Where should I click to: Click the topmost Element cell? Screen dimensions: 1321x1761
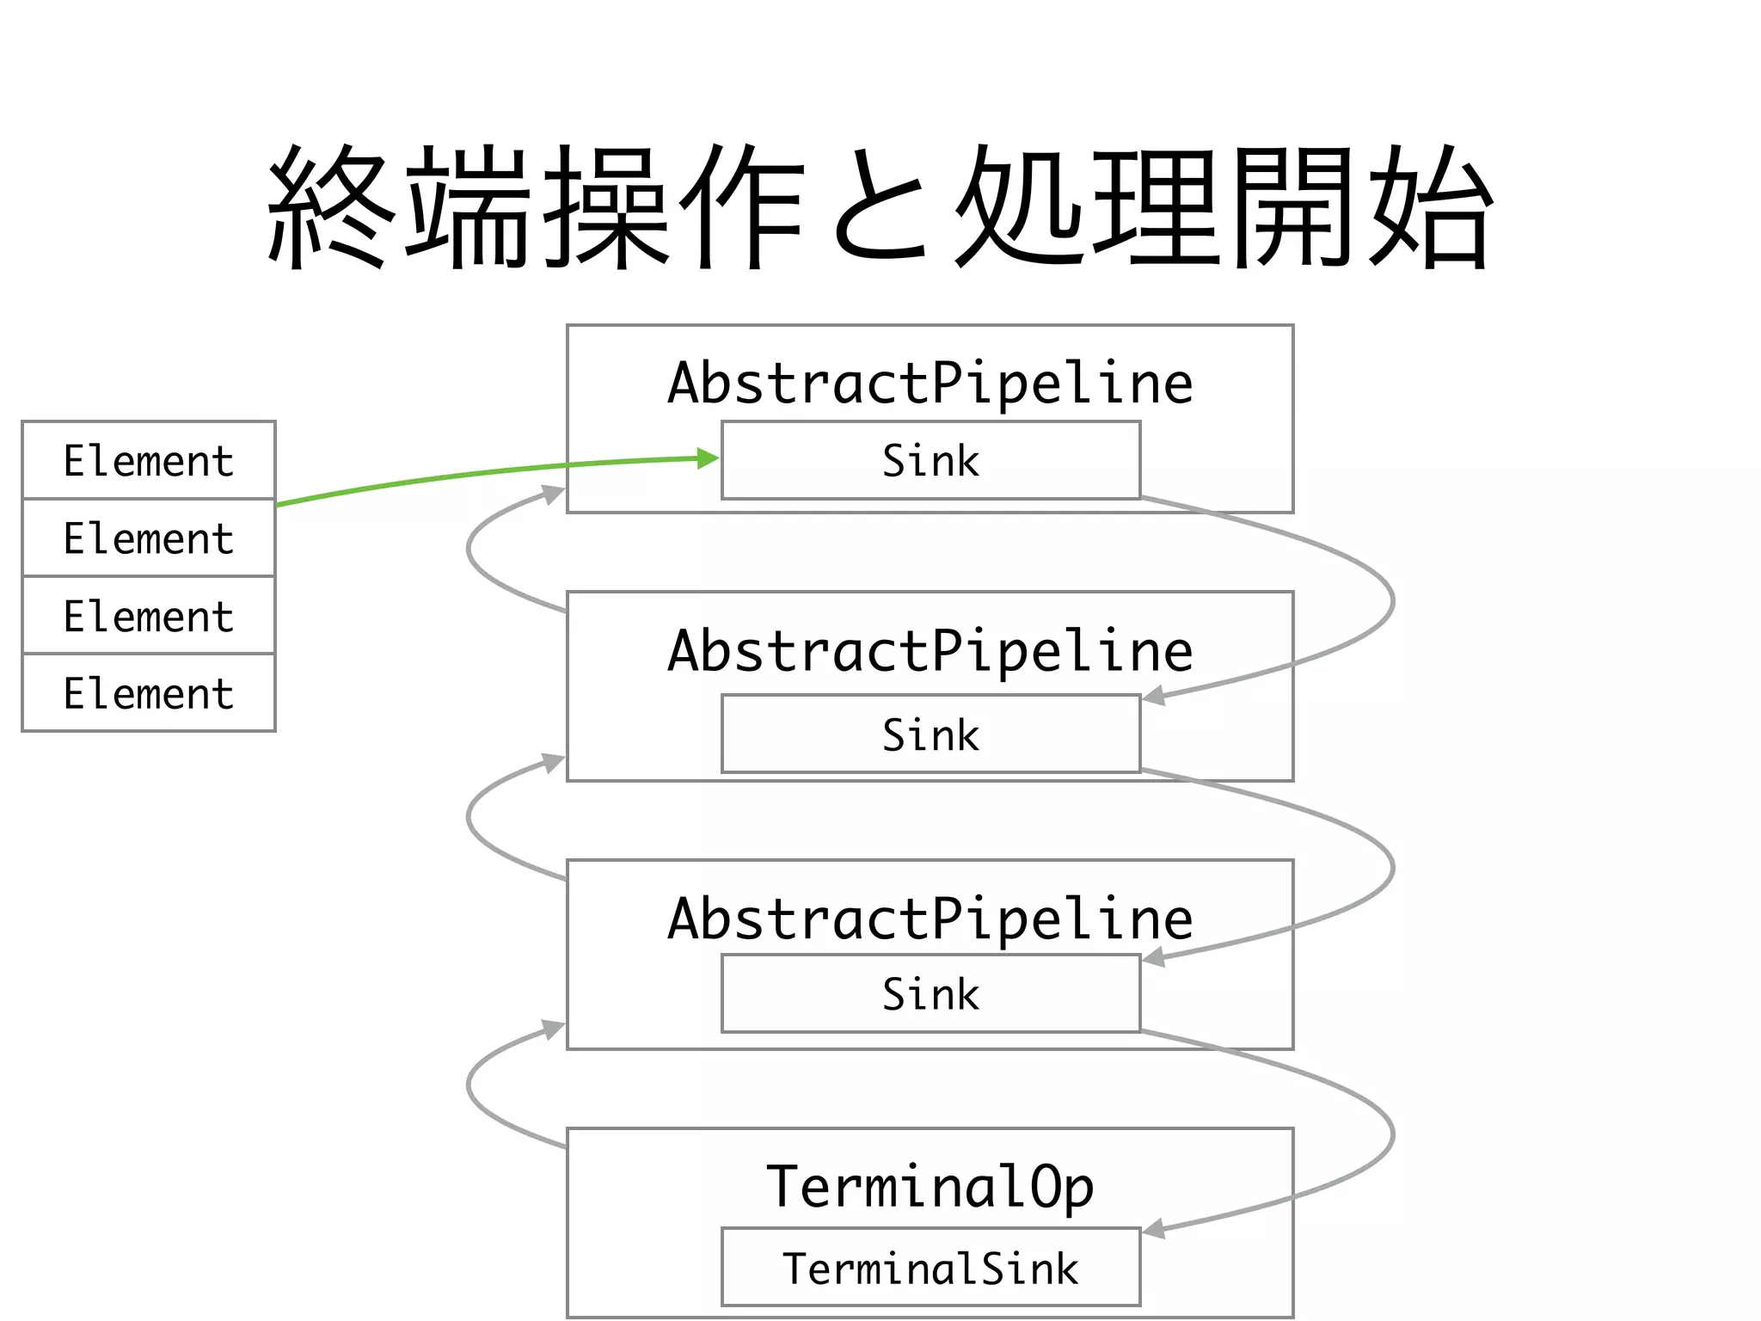pos(148,460)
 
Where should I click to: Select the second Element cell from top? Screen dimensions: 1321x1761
pos(148,538)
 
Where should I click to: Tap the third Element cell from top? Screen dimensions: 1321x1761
pos(148,615)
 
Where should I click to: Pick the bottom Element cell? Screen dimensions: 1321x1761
pos(148,692)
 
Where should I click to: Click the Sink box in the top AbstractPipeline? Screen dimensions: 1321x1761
pos(930,460)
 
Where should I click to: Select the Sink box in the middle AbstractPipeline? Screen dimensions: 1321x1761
pos(930,734)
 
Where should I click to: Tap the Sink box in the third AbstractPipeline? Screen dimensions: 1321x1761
pos(930,993)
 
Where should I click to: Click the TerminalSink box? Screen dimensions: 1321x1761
pos(930,1268)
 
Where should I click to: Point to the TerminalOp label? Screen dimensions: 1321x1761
pos(930,1187)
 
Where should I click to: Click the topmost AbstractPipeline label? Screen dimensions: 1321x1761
pos(930,383)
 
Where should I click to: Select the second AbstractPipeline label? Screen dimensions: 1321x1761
pos(930,650)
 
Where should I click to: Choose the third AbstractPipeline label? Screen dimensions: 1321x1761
pos(930,918)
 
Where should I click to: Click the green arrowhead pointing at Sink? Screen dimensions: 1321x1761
pos(708,458)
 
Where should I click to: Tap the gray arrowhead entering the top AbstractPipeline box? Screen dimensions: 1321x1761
pos(553,494)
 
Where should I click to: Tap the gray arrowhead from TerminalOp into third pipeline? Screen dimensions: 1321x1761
pos(553,1029)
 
